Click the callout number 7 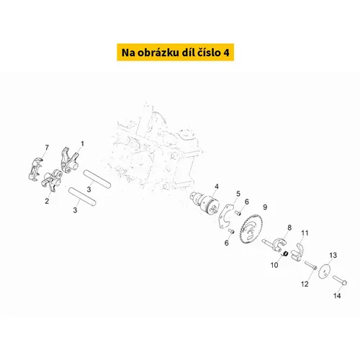pyautogui.click(x=47, y=148)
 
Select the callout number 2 pyautogui.click(x=47, y=202)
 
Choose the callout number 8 pyautogui.click(x=289, y=228)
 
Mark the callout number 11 pyautogui.click(x=305, y=233)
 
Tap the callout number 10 pyautogui.click(x=274, y=265)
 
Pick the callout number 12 pyautogui.click(x=303, y=283)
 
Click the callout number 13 pyautogui.click(x=333, y=256)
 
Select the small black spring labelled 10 pyautogui.click(x=285, y=253)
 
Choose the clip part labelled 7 pyautogui.click(x=42, y=166)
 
